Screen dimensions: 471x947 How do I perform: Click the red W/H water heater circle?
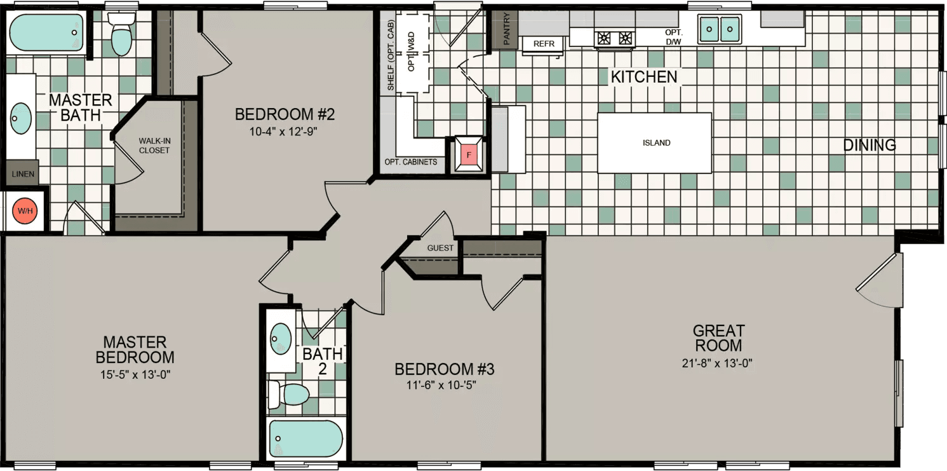[24, 210]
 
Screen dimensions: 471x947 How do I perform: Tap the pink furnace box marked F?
[469, 154]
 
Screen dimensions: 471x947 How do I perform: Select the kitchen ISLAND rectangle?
[655, 143]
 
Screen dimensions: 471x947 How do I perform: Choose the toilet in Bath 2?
[290, 393]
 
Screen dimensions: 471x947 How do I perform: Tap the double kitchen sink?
[720, 28]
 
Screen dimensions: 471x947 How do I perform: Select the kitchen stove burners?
[614, 38]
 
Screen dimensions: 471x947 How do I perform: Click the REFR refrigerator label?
[544, 44]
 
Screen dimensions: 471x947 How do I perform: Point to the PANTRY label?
[506, 29]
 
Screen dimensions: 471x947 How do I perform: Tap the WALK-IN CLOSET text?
[154, 146]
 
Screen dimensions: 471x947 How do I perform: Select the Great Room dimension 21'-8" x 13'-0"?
[718, 364]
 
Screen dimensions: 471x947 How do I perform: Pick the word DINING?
[869, 145]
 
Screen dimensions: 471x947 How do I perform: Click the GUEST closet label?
[440, 248]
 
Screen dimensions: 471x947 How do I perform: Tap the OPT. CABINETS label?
[411, 162]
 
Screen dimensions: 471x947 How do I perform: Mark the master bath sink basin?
[21, 119]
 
